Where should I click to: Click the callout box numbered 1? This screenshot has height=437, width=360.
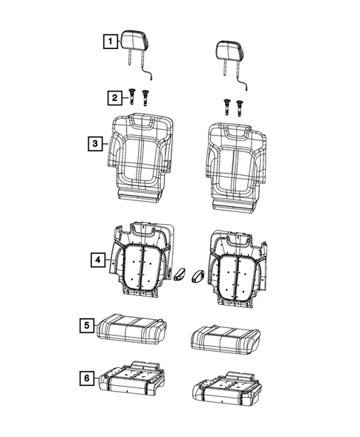pos(108,42)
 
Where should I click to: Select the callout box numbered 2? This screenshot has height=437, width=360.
pos(114,97)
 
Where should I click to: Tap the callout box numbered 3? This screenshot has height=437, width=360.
pos(95,145)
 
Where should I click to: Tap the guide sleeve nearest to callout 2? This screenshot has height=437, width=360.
pos(131,97)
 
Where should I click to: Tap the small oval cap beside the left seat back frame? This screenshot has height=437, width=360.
pos(180,277)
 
